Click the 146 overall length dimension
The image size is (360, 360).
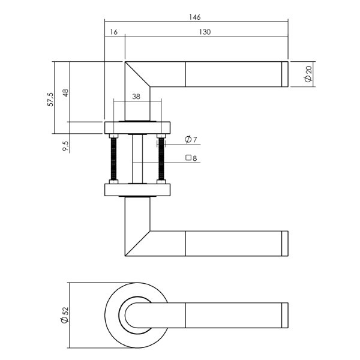[194, 17]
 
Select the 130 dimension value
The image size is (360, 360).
[205, 32]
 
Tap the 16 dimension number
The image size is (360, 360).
[113, 32]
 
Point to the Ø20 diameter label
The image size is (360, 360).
[308, 74]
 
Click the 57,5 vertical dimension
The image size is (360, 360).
[50, 100]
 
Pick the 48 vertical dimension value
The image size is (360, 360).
[65, 93]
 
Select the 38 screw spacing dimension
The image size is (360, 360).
[136, 97]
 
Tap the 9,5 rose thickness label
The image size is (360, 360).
[65, 146]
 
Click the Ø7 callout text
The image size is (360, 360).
[191, 139]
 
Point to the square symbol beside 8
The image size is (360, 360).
[188, 157]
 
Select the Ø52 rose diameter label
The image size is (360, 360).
[65, 315]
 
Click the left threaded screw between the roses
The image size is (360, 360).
[113, 159]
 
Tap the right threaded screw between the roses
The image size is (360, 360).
[161, 159]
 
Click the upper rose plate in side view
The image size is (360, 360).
[137, 128]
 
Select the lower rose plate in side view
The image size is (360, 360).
[137, 190]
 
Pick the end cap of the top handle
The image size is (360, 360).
[285, 74]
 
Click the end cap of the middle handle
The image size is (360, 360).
[285, 244]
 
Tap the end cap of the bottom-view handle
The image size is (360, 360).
[285, 315]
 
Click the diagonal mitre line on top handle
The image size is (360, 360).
[137, 74]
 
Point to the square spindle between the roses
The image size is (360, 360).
[137, 159]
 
